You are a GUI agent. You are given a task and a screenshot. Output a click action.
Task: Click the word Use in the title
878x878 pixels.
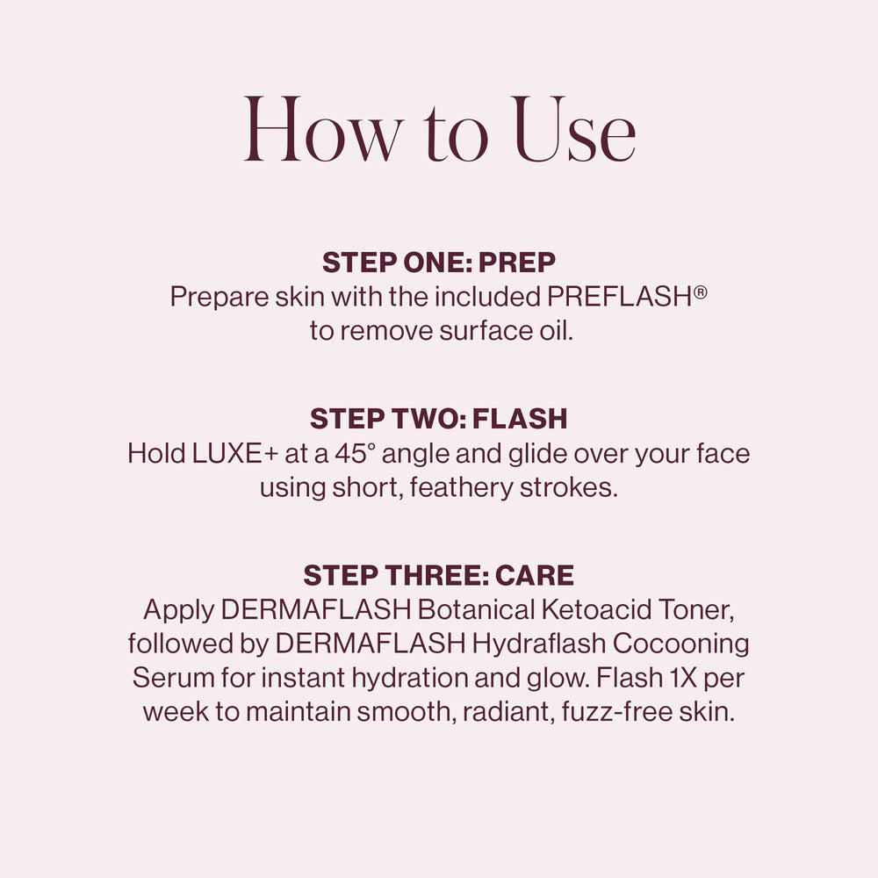coord(574,133)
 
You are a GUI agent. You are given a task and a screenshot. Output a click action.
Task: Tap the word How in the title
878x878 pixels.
coord(321,133)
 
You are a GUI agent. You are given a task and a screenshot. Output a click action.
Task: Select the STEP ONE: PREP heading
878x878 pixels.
coord(439,263)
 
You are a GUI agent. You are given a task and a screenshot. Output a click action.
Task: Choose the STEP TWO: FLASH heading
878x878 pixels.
coord(439,419)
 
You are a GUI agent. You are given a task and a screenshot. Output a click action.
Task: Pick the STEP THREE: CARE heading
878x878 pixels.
coord(439,575)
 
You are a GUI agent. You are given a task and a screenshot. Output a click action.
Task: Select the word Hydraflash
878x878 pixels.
coord(537,644)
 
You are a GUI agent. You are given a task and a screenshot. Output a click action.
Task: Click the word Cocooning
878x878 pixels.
coord(681,644)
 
